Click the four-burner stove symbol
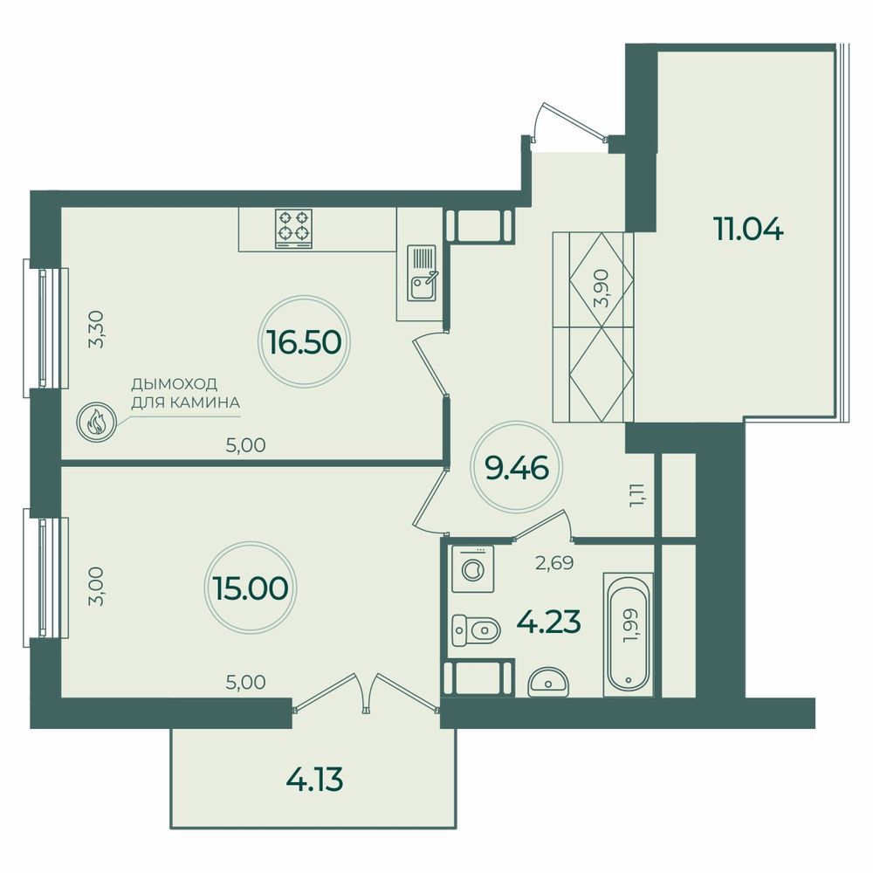pos(293,229)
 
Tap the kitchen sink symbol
pos(422,272)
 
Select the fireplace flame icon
pos(96,423)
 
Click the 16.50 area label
pos(304,342)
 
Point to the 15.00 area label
pos(251,588)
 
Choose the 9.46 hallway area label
pos(517,468)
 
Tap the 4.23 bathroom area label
pos(549,622)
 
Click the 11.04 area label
pos(748,228)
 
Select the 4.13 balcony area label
pos(314,780)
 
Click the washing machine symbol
pos(472,568)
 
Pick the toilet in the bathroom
pos(476,630)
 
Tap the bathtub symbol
pos(628,635)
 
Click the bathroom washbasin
pos(548,682)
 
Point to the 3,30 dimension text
pos(97,329)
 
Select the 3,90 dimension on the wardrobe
pos(601,288)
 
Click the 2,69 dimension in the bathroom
pos(554,563)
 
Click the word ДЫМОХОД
pos(175,384)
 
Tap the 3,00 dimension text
pos(96,586)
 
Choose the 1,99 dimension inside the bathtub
pos(631,627)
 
